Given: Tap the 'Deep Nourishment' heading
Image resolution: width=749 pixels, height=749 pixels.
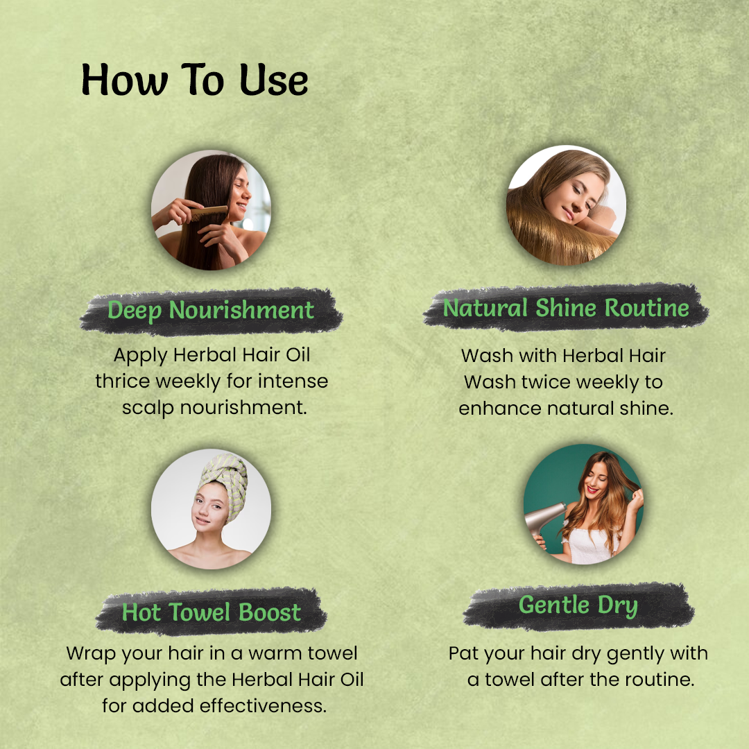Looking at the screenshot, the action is (211, 311).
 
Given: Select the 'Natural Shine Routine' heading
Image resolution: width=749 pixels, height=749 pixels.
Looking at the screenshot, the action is (566, 308).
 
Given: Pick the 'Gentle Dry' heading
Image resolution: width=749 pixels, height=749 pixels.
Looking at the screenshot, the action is (578, 605).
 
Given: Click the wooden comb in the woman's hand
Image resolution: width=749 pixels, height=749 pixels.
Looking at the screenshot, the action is (209, 212).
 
